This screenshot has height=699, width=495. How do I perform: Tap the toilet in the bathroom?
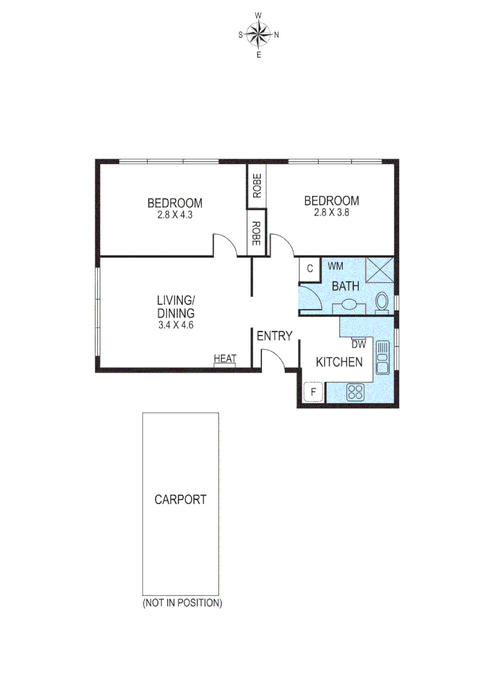point(382,302)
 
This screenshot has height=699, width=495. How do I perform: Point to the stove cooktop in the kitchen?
point(355,392)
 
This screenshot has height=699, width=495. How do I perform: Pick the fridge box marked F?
point(314,392)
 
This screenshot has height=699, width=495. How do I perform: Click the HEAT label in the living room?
point(225,359)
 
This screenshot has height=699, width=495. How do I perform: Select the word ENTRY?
point(274,336)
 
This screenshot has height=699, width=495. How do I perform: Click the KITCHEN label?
point(339,362)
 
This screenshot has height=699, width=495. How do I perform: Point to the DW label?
point(358,344)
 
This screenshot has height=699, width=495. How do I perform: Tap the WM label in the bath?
point(335,266)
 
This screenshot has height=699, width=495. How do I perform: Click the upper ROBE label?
point(257,186)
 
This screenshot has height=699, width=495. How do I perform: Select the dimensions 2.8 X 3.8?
point(332,212)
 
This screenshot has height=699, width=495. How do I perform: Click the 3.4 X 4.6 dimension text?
point(176,325)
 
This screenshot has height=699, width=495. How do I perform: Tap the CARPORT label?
point(180,500)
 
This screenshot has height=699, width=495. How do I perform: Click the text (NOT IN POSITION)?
point(182,603)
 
